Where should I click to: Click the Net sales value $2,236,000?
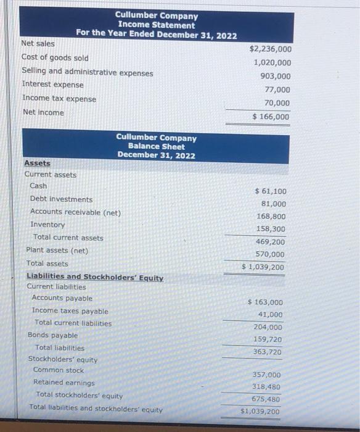click(x=271, y=49)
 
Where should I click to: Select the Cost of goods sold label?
click(x=55, y=58)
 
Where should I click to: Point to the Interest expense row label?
click(x=52, y=85)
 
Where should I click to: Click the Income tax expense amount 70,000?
click(x=277, y=103)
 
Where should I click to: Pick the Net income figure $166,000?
click(x=271, y=117)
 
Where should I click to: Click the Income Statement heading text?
click(x=156, y=25)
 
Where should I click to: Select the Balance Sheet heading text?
click(x=156, y=147)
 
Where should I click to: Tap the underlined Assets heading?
click(x=37, y=163)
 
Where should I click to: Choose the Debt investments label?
click(x=62, y=199)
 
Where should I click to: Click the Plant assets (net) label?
click(x=57, y=251)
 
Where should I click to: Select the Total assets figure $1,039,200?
click(x=263, y=267)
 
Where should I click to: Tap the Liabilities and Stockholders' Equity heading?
click(x=95, y=277)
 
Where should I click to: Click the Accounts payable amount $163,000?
click(x=265, y=302)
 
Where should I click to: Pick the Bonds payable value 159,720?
click(x=268, y=339)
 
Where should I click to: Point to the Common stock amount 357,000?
click(x=266, y=375)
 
